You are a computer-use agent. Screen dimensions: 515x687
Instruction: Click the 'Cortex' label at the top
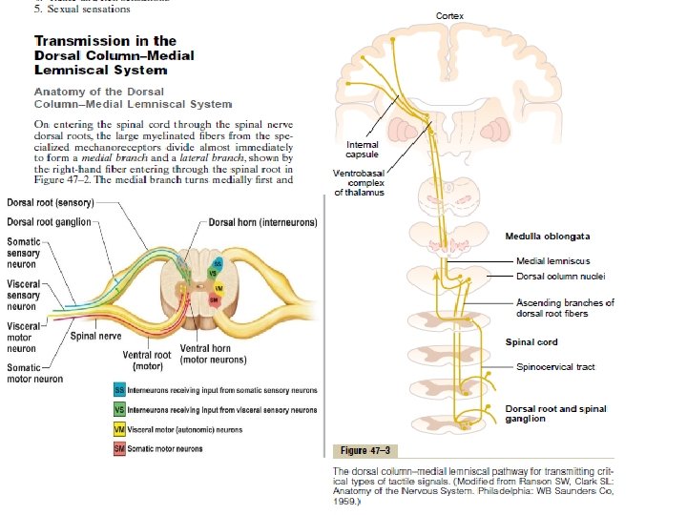pos(451,16)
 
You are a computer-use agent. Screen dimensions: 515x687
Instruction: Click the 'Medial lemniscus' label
pos(552,260)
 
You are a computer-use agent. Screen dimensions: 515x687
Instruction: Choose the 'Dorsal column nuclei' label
pos(561,277)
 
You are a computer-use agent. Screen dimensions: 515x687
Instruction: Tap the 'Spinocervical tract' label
pos(554,366)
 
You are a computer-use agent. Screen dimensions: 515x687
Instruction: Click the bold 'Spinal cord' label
pos(531,341)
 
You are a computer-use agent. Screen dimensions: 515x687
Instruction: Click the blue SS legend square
pos(119,391)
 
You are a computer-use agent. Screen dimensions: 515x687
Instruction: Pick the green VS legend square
pos(119,410)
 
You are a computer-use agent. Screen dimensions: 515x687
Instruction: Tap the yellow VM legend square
pos(119,430)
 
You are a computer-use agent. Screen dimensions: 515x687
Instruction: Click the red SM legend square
pos(119,449)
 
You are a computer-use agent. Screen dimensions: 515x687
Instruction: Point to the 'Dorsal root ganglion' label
pos(50,222)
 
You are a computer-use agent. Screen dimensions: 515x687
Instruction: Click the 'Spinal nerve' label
pos(94,335)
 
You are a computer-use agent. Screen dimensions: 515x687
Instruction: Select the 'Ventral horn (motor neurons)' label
pos(214,354)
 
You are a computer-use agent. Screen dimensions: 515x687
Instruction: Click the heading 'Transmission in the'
pos(105,40)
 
